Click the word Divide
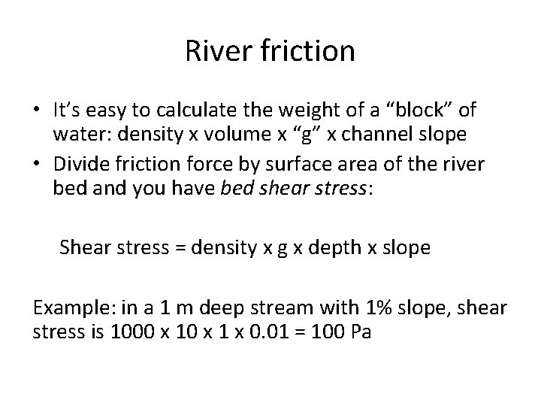coord(79,165)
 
